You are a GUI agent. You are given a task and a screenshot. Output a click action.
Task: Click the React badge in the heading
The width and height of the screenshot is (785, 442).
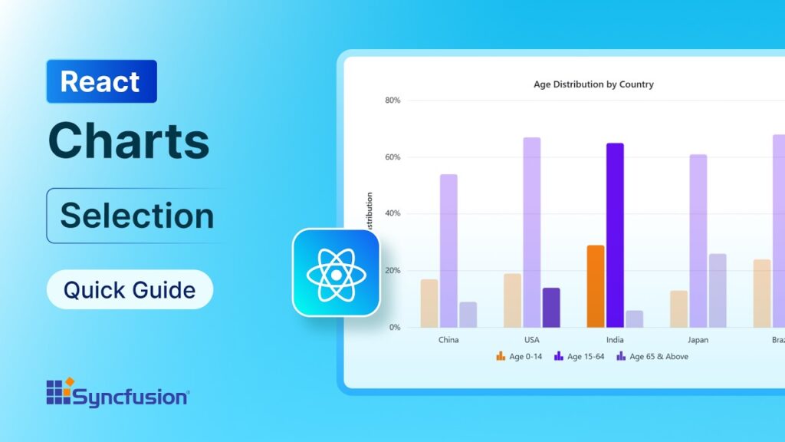(101, 81)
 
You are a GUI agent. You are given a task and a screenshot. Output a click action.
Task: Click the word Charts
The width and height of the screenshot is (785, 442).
(129, 141)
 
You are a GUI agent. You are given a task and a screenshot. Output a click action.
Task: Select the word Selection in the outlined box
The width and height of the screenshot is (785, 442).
(137, 216)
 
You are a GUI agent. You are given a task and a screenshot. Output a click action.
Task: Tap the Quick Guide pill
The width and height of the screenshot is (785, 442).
(130, 290)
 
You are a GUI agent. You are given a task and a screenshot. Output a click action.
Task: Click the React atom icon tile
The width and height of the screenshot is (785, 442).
(337, 273)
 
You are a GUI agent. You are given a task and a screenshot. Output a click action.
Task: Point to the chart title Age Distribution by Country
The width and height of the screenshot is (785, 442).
(593, 84)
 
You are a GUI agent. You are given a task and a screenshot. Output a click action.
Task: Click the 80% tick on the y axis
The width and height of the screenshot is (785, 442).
(392, 101)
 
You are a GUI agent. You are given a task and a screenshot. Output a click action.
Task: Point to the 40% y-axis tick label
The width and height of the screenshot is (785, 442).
(392, 214)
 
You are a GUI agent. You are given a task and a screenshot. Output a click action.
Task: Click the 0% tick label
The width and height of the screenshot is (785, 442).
(395, 328)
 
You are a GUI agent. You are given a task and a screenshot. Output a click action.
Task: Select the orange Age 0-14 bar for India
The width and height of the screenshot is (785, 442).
(596, 286)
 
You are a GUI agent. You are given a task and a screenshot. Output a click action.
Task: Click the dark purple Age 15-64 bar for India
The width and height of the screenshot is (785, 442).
(615, 235)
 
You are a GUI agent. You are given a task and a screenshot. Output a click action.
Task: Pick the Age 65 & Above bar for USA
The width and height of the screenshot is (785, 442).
(551, 307)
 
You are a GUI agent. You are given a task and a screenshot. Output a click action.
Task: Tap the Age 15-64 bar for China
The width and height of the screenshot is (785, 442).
(448, 250)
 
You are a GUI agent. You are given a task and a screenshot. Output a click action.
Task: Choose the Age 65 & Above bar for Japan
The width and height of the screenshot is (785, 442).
(718, 290)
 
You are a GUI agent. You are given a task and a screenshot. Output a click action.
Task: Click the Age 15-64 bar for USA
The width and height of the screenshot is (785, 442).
(532, 232)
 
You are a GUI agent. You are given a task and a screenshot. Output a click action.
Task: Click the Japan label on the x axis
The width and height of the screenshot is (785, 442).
(698, 340)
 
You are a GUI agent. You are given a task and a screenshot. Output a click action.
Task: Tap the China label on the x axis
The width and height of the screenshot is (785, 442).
(448, 340)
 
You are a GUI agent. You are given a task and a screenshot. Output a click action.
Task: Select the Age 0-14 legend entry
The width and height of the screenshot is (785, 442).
(519, 357)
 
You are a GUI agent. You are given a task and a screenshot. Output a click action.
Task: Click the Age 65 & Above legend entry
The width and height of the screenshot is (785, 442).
(652, 357)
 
